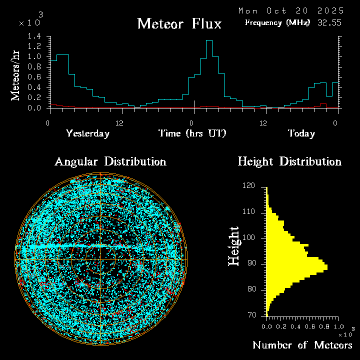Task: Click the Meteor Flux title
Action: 179,23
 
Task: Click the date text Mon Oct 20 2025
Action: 291,10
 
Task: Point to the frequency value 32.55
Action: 330,22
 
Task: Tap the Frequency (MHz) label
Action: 277,22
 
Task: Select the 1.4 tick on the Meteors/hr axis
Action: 34,36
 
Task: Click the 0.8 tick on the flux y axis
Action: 34,67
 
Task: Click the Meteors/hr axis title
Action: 16,74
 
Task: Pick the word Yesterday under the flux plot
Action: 87,133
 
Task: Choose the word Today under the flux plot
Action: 301,133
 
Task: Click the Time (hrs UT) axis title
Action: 192,133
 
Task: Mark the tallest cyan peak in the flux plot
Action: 209,40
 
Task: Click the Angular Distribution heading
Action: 110,161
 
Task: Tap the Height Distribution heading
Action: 289,161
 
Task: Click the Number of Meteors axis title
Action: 302,345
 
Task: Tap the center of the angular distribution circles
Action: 101,259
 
